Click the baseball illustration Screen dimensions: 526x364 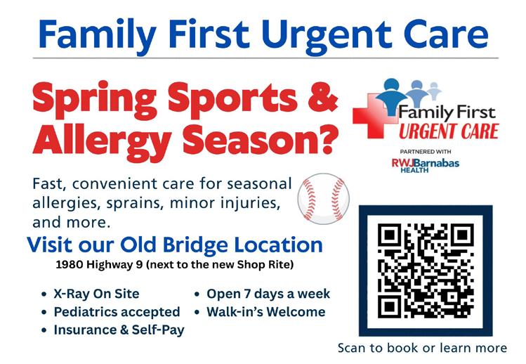click(323, 199)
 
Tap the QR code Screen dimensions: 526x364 click(426, 271)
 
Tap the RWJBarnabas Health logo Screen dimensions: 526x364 click(426, 166)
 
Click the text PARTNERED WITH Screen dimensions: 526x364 click(426, 152)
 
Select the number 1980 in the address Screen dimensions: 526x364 click(70, 265)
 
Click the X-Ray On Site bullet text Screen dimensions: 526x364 click(96, 294)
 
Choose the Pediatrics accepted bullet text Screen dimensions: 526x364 click(117, 312)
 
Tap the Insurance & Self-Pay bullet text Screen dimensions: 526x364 click(119, 330)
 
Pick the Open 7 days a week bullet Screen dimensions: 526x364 click(268, 294)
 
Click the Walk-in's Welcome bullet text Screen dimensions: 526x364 click(266, 312)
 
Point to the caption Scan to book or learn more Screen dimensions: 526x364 click(422, 348)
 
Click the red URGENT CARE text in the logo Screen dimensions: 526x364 click(449, 131)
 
